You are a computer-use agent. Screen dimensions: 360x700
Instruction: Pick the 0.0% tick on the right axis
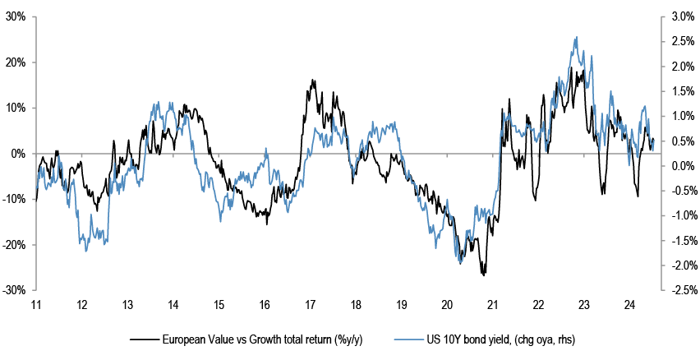coord(673,166)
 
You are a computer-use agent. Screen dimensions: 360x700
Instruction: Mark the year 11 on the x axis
coord(36,305)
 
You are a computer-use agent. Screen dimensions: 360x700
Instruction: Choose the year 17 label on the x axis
coord(311,305)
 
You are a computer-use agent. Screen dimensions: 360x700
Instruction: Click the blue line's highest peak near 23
coord(578,37)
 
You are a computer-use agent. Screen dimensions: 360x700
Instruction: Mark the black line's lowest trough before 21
coord(484,275)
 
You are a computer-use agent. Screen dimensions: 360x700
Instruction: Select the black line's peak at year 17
coord(312,81)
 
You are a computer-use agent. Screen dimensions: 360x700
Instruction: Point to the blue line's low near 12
coord(86,251)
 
